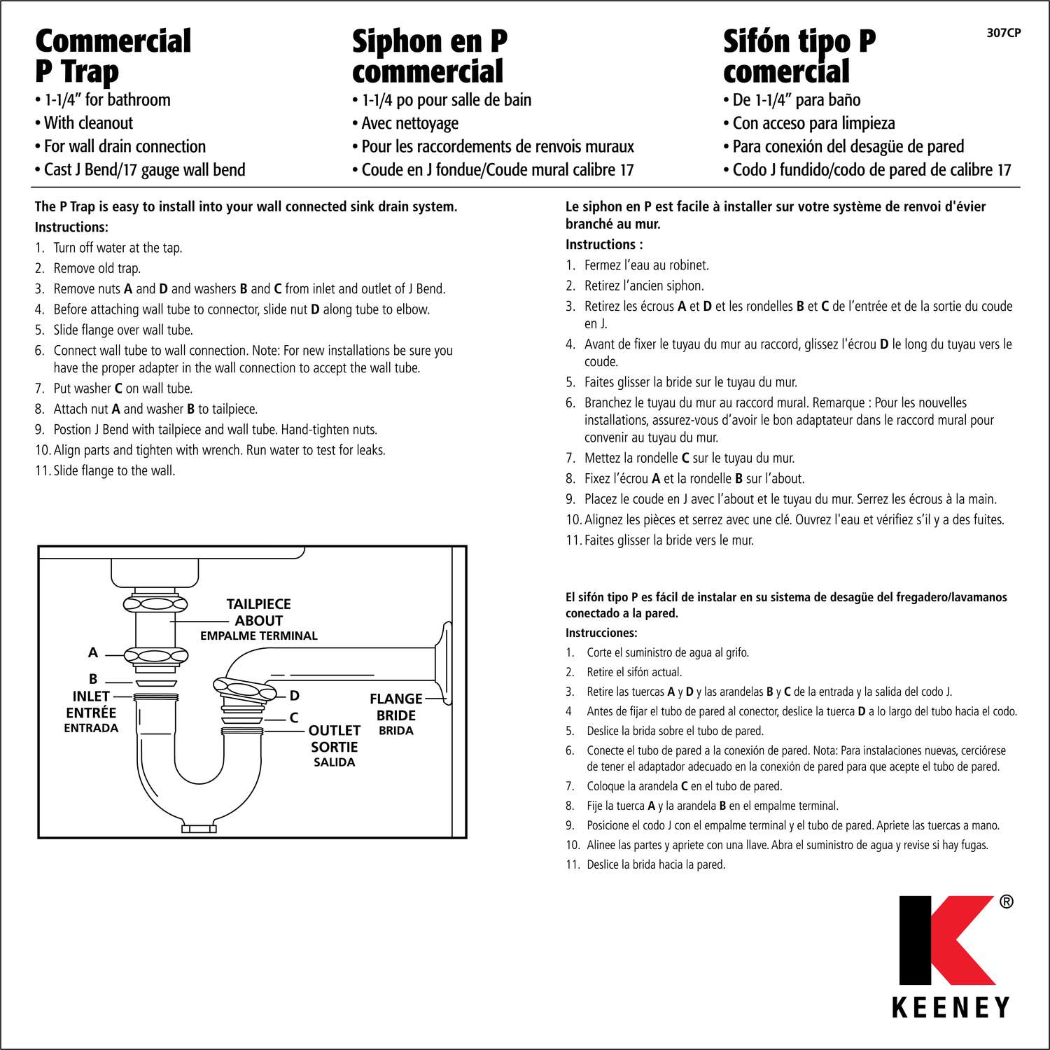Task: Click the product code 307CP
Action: pyautogui.click(x=1003, y=33)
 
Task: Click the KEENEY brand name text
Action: pyautogui.click(x=951, y=1007)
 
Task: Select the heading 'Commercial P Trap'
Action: pyautogui.click(x=113, y=56)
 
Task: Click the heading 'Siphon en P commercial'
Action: pyautogui.click(x=429, y=56)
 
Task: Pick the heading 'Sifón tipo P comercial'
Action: pyautogui.click(x=799, y=56)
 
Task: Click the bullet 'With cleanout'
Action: pyautogui.click(x=88, y=123)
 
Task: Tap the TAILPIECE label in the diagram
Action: pyautogui.click(x=258, y=604)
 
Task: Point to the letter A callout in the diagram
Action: pyautogui.click(x=92, y=652)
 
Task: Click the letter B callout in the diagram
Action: pyautogui.click(x=92, y=679)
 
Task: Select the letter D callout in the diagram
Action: pyautogui.click(x=295, y=696)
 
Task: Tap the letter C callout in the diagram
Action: pyautogui.click(x=294, y=718)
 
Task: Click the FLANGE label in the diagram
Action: pyautogui.click(x=395, y=699)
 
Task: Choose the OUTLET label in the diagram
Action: pyautogui.click(x=334, y=730)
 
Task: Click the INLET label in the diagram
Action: pyautogui.click(x=91, y=696)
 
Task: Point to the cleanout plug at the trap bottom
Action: pyautogui.click(x=199, y=829)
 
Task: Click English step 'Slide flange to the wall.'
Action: pyautogui.click(x=114, y=471)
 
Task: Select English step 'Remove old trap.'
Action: pyautogui.click(x=97, y=268)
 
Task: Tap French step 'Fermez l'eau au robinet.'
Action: pyautogui.click(x=646, y=265)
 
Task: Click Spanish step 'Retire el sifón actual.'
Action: pyautogui.click(x=633, y=672)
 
